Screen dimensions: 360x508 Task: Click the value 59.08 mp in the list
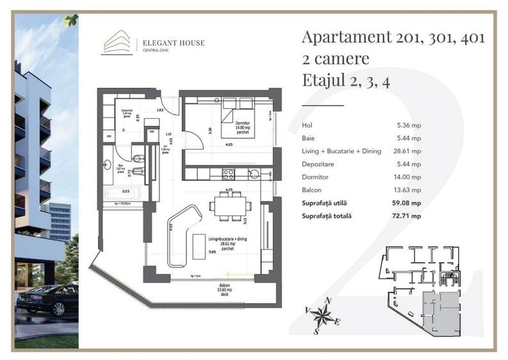point(407,203)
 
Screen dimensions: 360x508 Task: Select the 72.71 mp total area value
point(407,216)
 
